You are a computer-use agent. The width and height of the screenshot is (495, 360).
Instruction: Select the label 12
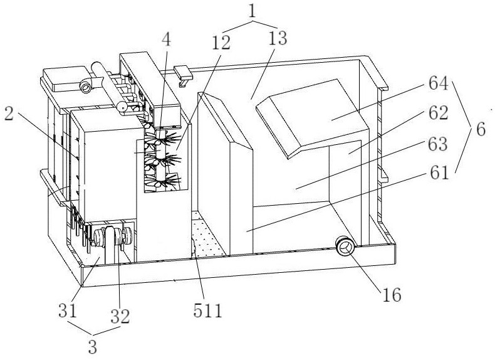click(221, 43)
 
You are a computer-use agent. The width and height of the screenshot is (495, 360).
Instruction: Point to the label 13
click(276, 39)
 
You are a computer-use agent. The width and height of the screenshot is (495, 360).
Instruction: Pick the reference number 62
click(439, 114)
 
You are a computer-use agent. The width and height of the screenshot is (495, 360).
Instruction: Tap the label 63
click(439, 145)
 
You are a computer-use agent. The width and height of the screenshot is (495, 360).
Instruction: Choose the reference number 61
click(439, 172)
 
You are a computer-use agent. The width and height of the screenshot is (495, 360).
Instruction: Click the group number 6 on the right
click(480, 130)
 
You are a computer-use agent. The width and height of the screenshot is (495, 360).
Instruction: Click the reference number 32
click(121, 317)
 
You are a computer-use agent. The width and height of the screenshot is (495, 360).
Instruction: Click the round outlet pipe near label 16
click(344, 246)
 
